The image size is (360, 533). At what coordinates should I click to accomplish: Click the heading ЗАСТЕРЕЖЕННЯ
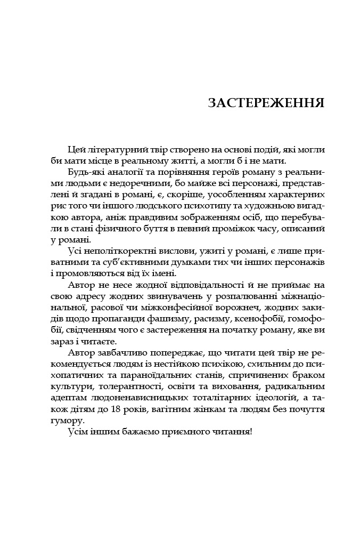[x=266, y=102]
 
